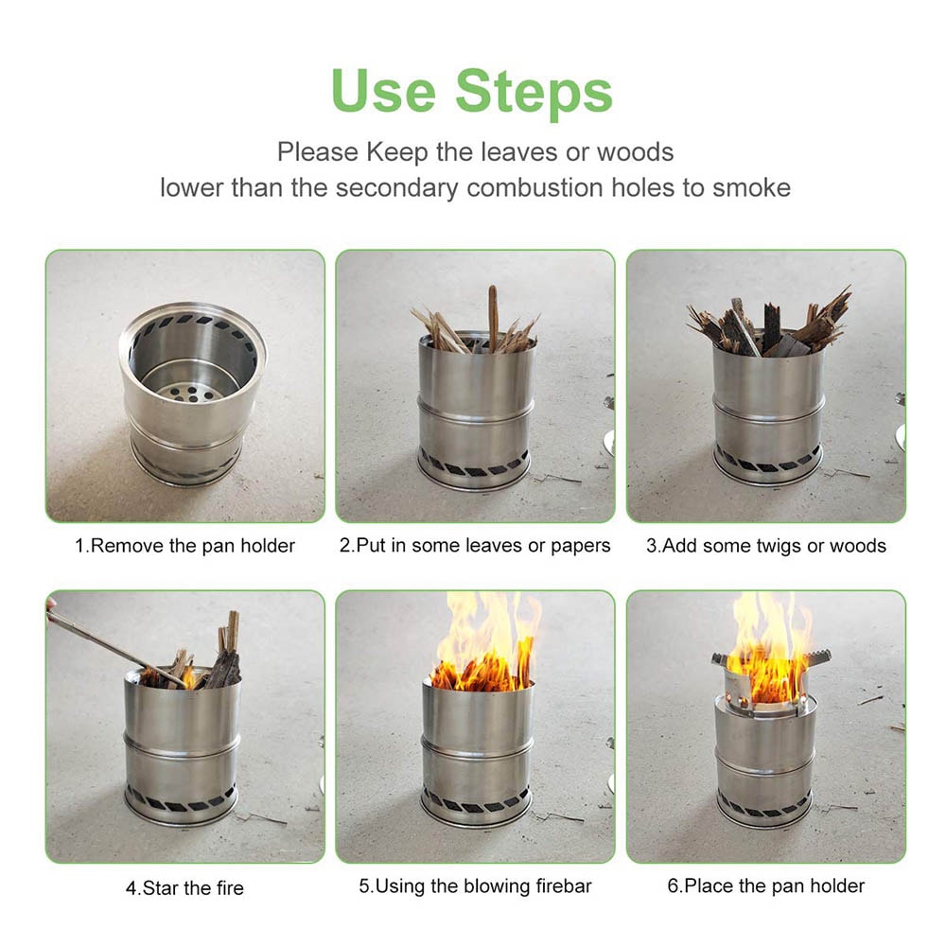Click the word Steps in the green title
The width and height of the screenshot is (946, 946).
point(534,92)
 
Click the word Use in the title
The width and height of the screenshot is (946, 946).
point(383,92)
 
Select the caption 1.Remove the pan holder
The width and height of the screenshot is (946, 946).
point(185,546)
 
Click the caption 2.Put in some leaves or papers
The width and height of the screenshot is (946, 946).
point(475,546)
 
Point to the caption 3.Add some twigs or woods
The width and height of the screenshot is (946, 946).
point(766,546)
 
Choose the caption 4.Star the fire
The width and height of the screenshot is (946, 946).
point(184,888)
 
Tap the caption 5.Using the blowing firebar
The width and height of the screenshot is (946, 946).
point(475,887)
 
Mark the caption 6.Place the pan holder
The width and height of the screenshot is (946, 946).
point(765,886)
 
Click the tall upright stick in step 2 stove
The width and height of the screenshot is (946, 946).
point(492,317)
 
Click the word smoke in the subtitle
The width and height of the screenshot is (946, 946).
point(751,186)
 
